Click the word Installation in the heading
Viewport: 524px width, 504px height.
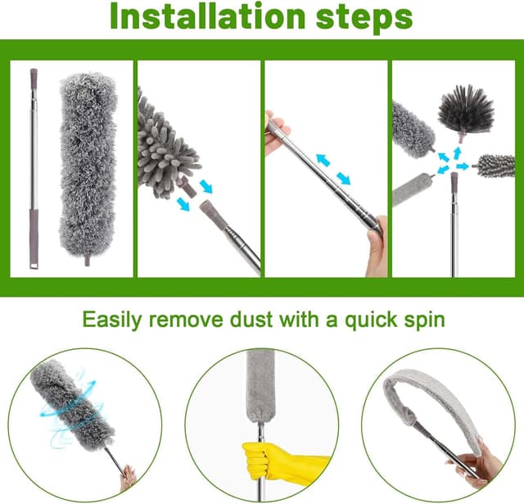click(x=207, y=16)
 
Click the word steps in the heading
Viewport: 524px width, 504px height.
click(x=364, y=18)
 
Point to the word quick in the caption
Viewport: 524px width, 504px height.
click(x=371, y=321)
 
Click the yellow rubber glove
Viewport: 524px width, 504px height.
click(x=284, y=461)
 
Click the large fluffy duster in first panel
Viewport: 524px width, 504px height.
click(x=88, y=167)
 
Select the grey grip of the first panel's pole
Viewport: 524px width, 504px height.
click(x=34, y=238)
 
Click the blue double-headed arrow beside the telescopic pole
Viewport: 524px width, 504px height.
click(x=333, y=169)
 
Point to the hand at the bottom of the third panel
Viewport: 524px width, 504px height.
click(x=377, y=246)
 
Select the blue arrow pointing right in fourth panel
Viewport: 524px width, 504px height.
click(x=463, y=166)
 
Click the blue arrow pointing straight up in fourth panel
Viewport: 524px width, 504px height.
click(x=457, y=152)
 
